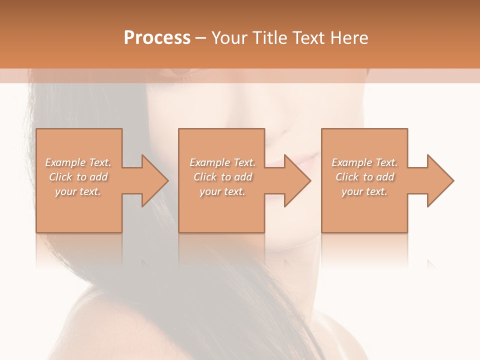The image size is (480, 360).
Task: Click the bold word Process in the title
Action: point(157,38)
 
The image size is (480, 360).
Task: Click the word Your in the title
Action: point(228,38)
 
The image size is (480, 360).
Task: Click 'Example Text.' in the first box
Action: point(78,162)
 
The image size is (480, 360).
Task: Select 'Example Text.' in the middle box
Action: point(222,162)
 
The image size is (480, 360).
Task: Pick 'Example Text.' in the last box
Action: point(364,162)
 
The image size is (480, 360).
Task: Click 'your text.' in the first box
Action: point(78,191)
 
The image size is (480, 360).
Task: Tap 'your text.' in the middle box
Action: point(222,191)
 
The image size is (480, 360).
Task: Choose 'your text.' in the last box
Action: point(364,191)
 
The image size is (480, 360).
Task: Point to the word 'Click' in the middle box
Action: point(205,177)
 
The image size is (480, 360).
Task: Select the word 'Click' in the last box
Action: point(347,177)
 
